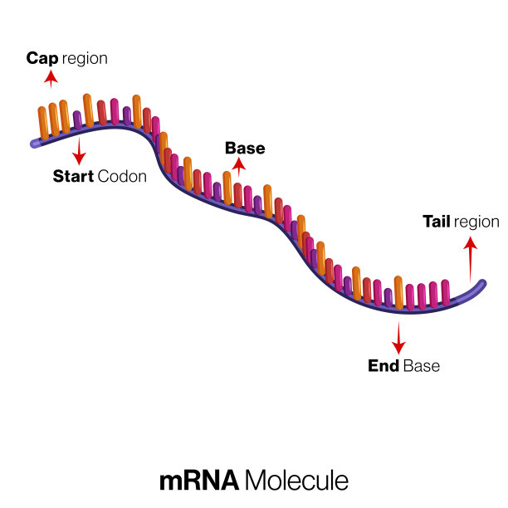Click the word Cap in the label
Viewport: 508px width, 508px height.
[x=42, y=59]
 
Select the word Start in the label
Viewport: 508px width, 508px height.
[x=73, y=176]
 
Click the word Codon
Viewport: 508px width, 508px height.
[x=122, y=176]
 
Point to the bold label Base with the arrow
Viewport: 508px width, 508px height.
[x=245, y=149]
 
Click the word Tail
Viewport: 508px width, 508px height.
[x=437, y=222]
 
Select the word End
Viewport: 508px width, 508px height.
[x=383, y=365]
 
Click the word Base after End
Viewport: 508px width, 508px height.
[x=421, y=365]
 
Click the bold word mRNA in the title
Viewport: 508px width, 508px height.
[x=198, y=481]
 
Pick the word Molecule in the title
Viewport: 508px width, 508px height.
[x=296, y=481]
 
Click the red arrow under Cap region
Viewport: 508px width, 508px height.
[x=51, y=78]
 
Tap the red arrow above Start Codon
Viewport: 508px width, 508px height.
[x=79, y=151]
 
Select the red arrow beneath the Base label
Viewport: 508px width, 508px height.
[x=239, y=166]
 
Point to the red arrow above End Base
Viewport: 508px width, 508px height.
[x=398, y=337]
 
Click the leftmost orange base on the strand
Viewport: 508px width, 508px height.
[x=42, y=123]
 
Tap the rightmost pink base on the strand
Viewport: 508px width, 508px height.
[x=446, y=293]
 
